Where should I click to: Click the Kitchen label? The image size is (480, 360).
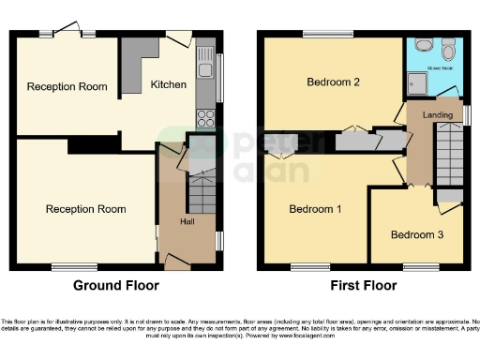click(x=169, y=84)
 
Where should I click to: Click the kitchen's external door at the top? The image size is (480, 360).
click(x=176, y=39)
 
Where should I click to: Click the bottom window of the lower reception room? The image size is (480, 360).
click(x=67, y=265)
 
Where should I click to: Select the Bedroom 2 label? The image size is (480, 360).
click(x=333, y=82)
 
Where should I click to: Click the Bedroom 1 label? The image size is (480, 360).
click(x=315, y=208)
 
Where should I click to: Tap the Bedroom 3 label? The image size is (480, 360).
click(x=417, y=234)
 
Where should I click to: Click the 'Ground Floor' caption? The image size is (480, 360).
click(x=116, y=286)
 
